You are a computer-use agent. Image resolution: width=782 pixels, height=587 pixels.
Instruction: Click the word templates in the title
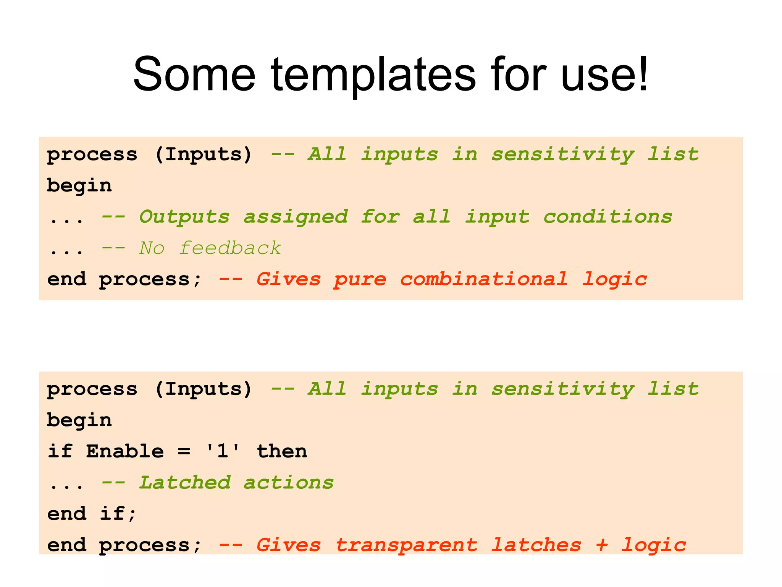[373, 75]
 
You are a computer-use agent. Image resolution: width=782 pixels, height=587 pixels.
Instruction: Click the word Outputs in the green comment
[184, 217]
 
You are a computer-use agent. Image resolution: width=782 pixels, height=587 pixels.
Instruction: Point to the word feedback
[230, 248]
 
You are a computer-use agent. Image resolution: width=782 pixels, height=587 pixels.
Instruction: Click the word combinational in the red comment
[483, 279]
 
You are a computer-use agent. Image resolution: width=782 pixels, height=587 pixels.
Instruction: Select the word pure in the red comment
[360, 279]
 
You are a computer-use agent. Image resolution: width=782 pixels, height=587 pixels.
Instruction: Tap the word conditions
[608, 217]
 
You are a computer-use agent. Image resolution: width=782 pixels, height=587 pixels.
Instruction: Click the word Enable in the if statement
[125, 451]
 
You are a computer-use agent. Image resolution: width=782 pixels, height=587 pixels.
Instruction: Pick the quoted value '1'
[223, 451]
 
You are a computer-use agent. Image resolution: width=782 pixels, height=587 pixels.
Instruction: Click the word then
[282, 451]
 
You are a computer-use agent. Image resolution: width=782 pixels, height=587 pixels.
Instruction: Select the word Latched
[185, 483]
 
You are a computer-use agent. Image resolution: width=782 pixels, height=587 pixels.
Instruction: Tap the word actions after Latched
[289, 483]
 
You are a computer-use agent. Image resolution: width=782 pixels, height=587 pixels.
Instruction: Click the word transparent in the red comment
[406, 545]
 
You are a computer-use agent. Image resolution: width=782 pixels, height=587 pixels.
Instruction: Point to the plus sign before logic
[602, 545]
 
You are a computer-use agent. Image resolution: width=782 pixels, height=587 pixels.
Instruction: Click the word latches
[536, 545]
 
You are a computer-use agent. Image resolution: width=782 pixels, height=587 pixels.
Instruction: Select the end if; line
[92, 514]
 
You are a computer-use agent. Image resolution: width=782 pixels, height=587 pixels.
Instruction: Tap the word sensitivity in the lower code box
[562, 389]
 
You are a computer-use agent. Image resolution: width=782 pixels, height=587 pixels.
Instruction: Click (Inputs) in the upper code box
[204, 155]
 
